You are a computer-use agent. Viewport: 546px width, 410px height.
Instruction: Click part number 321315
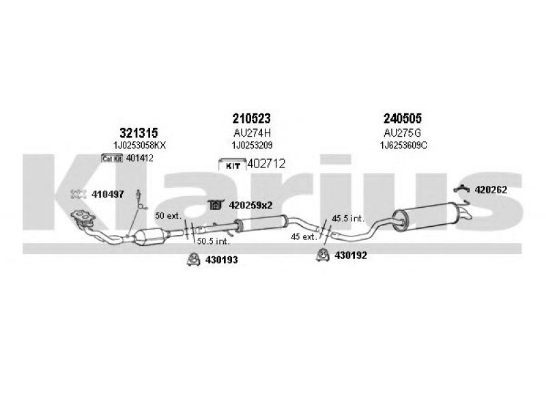[139, 133]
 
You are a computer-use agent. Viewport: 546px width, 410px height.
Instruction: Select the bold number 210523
[251, 118]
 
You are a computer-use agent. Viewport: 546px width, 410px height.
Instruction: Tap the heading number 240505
[403, 118]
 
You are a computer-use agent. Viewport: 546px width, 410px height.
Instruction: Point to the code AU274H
[252, 133]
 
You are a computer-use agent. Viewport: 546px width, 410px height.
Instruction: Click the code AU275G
[402, 133]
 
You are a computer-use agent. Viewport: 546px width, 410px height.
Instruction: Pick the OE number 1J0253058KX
[139, 146]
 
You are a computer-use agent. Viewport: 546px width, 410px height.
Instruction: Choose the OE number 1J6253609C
[403, 146]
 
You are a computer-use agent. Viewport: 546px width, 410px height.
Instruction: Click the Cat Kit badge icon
[112, 159]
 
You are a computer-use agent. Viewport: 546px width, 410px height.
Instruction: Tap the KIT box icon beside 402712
[232, 165]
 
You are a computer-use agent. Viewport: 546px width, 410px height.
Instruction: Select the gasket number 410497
[108, 195]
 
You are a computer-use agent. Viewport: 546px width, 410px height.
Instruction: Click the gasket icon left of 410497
[78, 194]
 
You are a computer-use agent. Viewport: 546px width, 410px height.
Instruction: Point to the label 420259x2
[250, 206]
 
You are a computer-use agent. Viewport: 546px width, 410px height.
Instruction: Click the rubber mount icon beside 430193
[193, 259]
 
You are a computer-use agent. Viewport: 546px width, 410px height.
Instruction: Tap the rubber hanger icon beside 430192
[323, 255]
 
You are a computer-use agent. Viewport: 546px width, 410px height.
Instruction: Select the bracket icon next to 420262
[463, 189]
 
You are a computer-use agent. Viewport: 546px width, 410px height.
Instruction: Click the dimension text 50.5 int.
[214, 241]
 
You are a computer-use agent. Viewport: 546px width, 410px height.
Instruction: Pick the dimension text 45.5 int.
[348, 219]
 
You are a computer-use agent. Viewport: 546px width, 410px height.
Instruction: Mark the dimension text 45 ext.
[304, 237]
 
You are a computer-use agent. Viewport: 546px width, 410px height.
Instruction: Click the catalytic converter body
[151, 236]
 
